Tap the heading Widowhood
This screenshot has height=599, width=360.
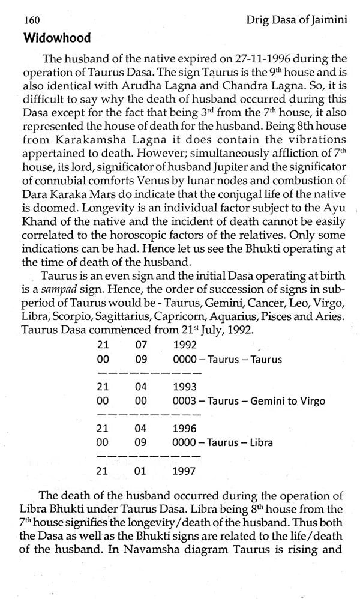coord(56,38)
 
